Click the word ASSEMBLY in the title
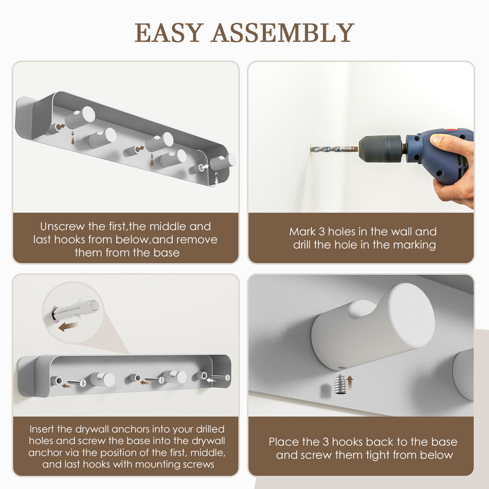(x=283, y=32)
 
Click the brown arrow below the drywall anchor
(x=68, y=327)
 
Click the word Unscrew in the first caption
(x=62, y=226)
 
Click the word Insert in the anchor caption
(x=42, y=429)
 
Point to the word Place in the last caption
(x=285, y=442)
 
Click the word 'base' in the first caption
(x=167, y=253)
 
